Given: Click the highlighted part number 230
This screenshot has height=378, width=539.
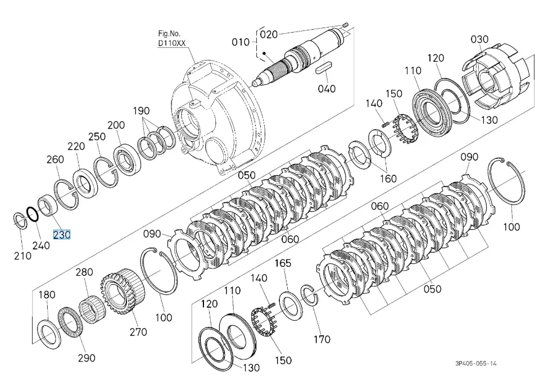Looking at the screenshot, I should [62, 235].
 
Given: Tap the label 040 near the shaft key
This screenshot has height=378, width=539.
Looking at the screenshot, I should [327, 88].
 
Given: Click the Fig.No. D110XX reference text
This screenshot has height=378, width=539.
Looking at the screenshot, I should [171, 38].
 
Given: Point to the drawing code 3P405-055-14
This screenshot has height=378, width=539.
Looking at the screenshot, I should [475, 363].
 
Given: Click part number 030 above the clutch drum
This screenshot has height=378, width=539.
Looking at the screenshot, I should [479, 39].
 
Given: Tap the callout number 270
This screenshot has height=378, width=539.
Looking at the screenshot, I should [138, 331].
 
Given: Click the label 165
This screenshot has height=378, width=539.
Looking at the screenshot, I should [283, 263].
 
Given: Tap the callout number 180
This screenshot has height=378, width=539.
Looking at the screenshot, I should [47, 295].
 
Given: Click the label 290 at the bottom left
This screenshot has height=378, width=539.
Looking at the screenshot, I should [86, 358].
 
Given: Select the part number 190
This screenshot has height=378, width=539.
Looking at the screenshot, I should [141, 111].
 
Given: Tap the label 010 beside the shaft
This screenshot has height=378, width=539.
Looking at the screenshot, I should [240, 42].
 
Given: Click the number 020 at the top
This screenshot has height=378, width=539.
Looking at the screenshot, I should [269, 34].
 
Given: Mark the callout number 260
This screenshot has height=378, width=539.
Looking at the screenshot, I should [55, 160].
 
